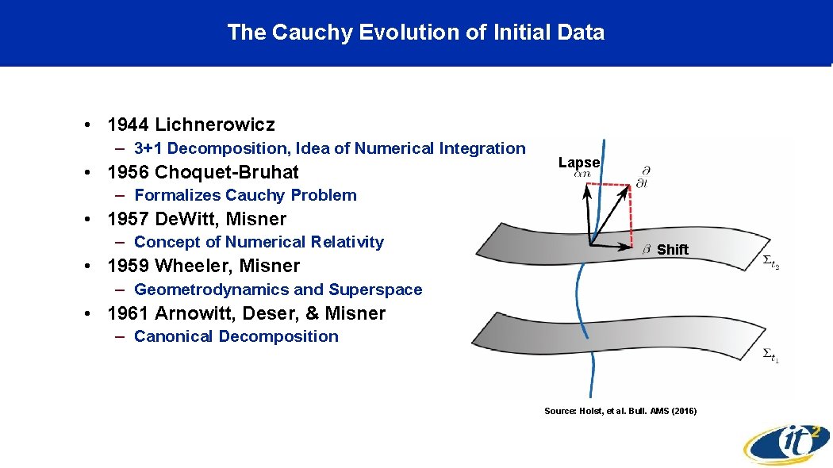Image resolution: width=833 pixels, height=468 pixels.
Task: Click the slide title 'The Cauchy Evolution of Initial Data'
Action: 416,33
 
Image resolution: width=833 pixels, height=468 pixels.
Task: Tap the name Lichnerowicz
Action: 215,125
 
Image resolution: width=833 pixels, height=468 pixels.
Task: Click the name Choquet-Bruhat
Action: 227,172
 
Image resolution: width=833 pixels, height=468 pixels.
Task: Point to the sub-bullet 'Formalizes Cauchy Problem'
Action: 245,195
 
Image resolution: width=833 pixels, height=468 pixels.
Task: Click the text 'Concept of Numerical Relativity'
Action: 259,242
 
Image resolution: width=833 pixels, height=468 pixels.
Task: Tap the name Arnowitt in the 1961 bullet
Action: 190,313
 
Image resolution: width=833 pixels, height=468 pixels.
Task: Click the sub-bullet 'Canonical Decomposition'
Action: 236,336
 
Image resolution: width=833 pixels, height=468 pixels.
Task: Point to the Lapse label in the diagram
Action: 579,163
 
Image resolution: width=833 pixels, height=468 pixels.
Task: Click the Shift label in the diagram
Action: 673,250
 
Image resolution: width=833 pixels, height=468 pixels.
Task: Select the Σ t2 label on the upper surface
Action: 770,261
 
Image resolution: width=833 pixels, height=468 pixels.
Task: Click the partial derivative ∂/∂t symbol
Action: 643,177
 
